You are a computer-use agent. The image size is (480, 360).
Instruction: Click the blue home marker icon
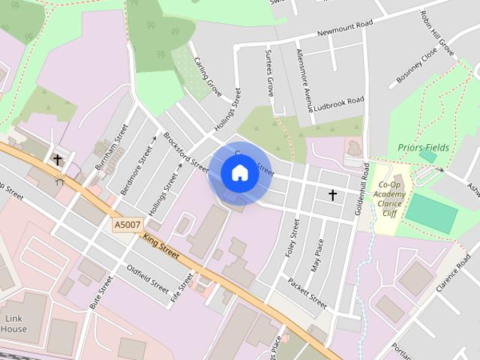pos(239,173)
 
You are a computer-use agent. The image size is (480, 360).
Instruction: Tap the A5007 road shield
pos(128,224)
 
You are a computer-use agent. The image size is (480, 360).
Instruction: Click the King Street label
pos(160,246)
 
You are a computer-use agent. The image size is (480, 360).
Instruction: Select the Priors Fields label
pos(424,148)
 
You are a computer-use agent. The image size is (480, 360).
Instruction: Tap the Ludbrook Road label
pos(340,100)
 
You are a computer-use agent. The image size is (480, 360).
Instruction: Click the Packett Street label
pos(307,292)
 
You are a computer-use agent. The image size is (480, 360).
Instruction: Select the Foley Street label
pos(292,238)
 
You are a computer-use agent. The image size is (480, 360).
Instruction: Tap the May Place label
pos(317,256)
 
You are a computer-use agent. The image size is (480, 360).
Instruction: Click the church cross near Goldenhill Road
pos(332,195)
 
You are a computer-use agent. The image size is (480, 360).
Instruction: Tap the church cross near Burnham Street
pos(57,160)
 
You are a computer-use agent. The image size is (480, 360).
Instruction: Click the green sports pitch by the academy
pos(431,214)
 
